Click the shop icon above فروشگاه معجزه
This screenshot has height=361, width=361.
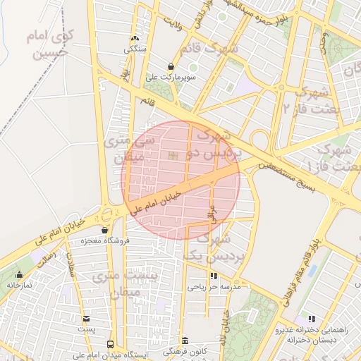click(x=105, y=230)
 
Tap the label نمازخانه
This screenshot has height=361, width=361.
click(x=21, y=285)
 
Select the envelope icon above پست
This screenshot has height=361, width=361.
click(x=87, y=319)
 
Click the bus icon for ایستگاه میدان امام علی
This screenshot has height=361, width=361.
click(x=109, y=344)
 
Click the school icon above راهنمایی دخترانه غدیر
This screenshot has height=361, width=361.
click(x=312, y=319)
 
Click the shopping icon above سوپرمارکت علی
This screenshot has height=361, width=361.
click(x=170, y=66)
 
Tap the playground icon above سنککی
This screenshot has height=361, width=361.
click(x=135, y=39)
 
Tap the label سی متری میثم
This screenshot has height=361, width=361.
click(x=123, y=149)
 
